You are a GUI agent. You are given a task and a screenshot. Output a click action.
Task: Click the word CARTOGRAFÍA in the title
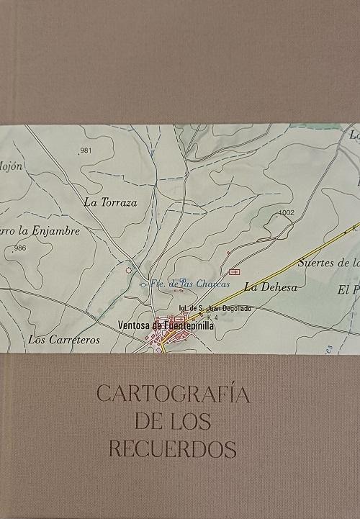tap(172, 394)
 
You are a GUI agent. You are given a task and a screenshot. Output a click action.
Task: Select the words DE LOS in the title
tap(173, 422)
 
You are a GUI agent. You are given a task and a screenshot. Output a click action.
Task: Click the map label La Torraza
tap(110, 203)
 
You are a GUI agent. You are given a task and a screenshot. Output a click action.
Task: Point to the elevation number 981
tap(87, 150)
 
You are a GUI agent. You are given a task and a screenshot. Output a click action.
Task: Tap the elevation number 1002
tap(286, 213)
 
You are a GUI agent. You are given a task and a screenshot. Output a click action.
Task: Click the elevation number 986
tap(19, 248)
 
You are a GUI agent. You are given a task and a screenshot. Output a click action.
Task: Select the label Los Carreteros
tap(64, 340)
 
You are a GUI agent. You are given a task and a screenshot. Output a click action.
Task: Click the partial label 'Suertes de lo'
tap(328, 263)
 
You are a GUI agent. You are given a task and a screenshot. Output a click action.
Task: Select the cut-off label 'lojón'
tap(12, 166)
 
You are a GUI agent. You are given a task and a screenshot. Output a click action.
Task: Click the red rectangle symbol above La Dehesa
tap(233, 271)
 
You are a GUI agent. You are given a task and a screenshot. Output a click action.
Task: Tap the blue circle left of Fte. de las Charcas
tap(143, 285)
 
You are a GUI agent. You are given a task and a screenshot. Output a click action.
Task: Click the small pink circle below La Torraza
tap(129, 271)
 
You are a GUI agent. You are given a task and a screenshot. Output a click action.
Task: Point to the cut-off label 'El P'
tap(348, 291)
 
